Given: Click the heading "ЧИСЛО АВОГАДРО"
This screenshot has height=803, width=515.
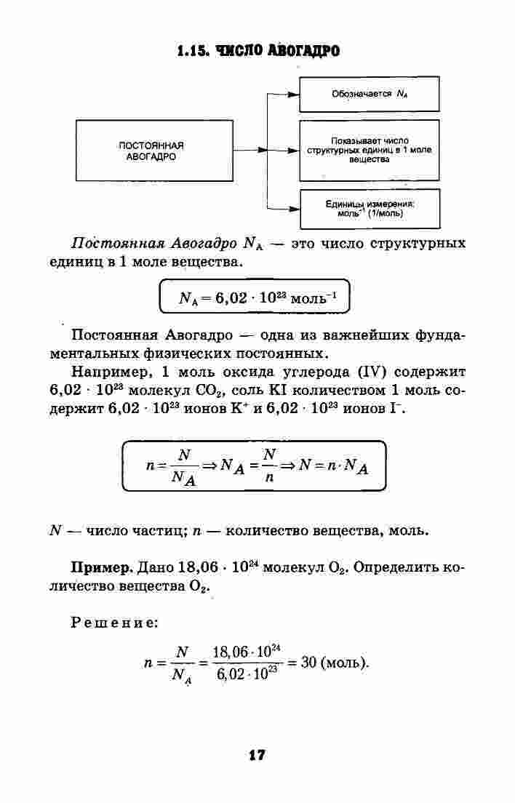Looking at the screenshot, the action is pos(278,51).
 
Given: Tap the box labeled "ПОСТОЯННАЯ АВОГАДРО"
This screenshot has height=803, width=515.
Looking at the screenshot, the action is pos(155,151).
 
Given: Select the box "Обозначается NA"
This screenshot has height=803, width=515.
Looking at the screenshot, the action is pos(369,95).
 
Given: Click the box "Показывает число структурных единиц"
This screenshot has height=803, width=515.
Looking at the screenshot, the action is pos(369,150).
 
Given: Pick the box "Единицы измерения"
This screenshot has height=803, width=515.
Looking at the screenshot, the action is pos(370,209).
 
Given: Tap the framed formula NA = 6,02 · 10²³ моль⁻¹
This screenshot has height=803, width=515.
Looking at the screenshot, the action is pos(255,297).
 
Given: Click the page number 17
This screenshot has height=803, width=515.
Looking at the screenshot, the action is pos(257,755).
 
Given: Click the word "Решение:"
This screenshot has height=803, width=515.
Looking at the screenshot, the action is pos(114,623).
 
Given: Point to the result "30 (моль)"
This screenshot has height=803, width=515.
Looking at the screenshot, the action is pos(335,663).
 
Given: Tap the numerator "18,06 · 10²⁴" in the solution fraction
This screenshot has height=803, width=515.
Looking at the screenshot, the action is pos(247,652).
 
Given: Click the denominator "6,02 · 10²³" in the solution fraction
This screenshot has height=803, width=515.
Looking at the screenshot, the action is pos(247,673).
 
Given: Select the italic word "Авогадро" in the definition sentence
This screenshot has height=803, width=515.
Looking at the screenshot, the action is pos(204,243).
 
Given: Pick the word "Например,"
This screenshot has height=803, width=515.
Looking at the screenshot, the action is pos(111,372).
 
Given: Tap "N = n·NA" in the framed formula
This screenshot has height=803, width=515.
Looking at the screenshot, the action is pos(333,466).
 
